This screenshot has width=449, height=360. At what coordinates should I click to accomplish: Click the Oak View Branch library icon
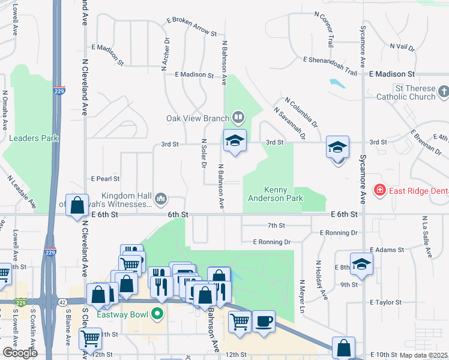(x=238, y=117)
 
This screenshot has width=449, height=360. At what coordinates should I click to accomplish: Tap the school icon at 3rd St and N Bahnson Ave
(x=235, y=142)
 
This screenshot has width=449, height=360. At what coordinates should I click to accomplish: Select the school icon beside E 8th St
(x=361, y=263)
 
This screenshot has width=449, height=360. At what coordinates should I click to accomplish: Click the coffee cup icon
(x=263, y=321)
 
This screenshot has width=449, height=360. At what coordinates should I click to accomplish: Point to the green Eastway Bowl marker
(x=157, y=313)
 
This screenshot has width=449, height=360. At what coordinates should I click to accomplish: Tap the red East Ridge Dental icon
(x=379, y=191)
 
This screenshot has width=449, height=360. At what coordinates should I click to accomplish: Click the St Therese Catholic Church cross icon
(x=443, y=92)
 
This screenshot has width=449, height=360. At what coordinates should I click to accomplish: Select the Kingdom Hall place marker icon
(x=160, y=199)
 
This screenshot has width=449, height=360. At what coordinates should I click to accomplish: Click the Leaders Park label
(x=34, y=138)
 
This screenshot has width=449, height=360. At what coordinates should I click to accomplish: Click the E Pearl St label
(x=105, y=179)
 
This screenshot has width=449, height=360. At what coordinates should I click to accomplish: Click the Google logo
(x=20, y=353)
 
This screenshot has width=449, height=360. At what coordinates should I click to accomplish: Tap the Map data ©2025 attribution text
(x=423, y=355)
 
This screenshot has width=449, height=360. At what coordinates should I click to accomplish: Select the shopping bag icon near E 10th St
(x=343, y=348)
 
